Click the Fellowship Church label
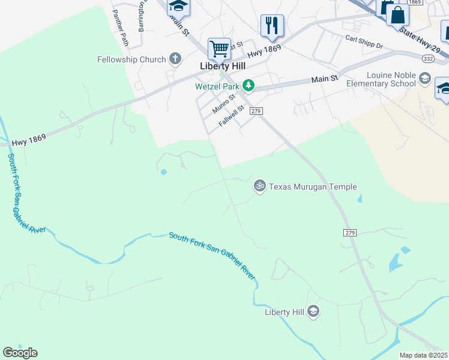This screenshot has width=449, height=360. [x=131, y=59]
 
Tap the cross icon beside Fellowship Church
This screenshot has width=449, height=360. [x=175, y=59]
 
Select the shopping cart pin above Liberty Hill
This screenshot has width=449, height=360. [x=219, y=48]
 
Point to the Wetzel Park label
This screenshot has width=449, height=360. [x=217, y=86]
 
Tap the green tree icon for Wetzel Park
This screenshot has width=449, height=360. [x=248, y=86]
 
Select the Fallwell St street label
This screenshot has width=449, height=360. [x=232, y=115]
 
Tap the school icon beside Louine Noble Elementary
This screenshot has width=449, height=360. [x=425, y=78]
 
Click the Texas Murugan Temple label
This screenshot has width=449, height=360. [x=313, y=187]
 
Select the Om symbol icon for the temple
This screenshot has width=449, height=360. [x=260, y=186]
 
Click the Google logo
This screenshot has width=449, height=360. [x=20, y=352]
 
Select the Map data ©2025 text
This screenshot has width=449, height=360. [x=423, y=355]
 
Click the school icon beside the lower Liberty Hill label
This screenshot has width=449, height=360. [x=313, y=311]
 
